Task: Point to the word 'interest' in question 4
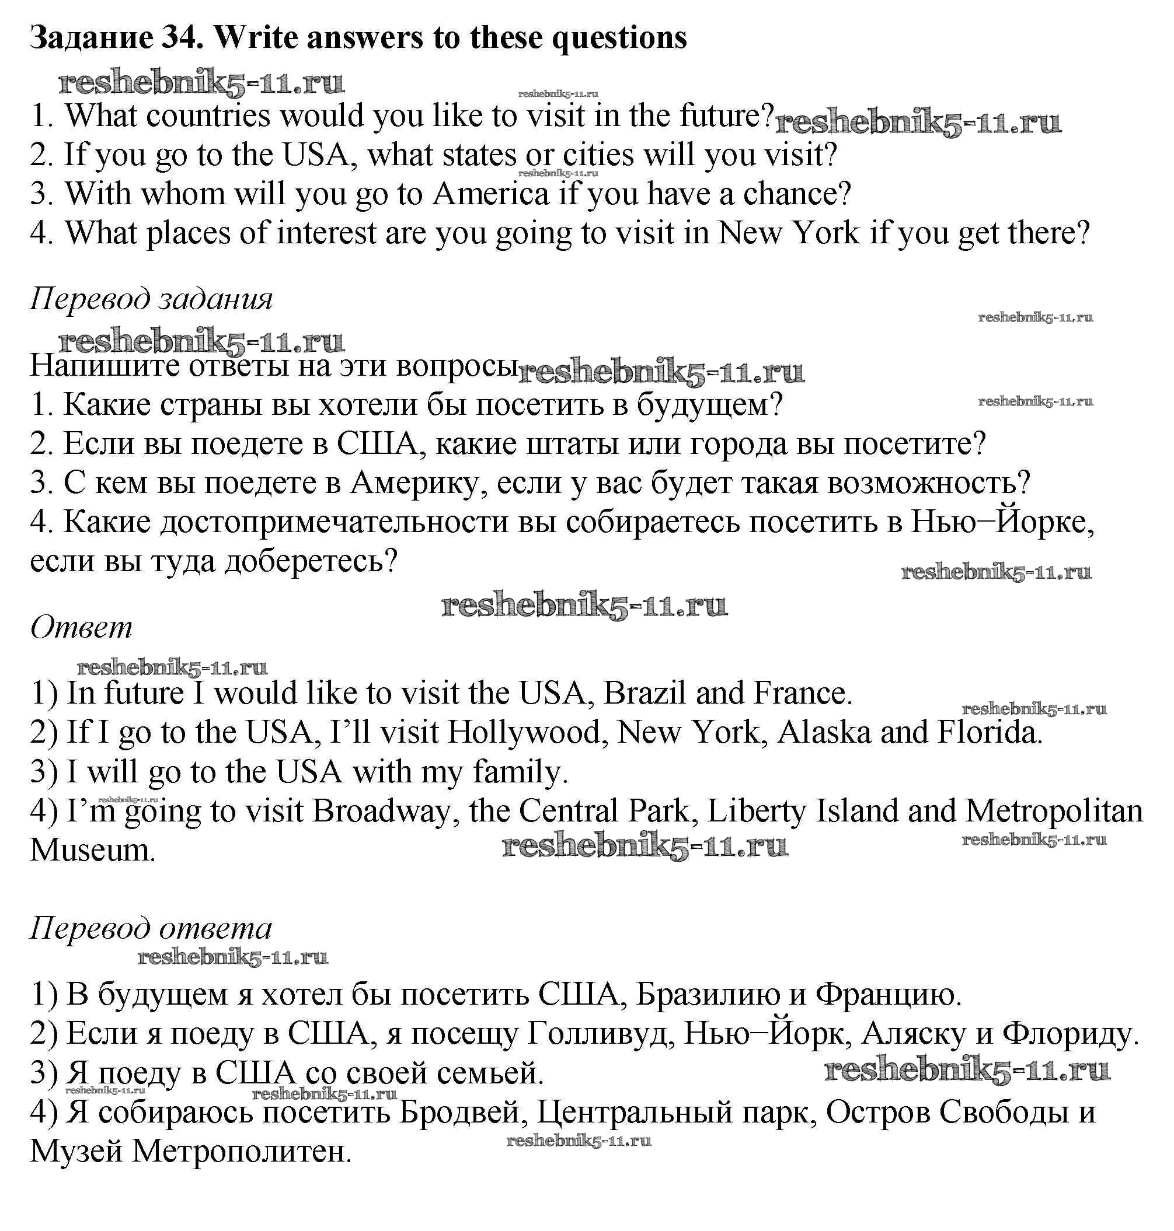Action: pyautogui.click(x=325, y=233)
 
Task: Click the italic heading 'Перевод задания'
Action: pyautogui.click(x=151, y=299)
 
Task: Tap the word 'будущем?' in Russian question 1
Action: pyautogui.click(x=710, y=405)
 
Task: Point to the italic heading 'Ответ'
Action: pyautogui.click(x=81, y=627)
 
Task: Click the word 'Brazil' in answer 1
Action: pyautogui.click(x=644, y=693)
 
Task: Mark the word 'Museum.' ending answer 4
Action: pyautogui.click(x=92, y=849)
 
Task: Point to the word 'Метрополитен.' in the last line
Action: pyautogui.click(x=242, y=1151)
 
